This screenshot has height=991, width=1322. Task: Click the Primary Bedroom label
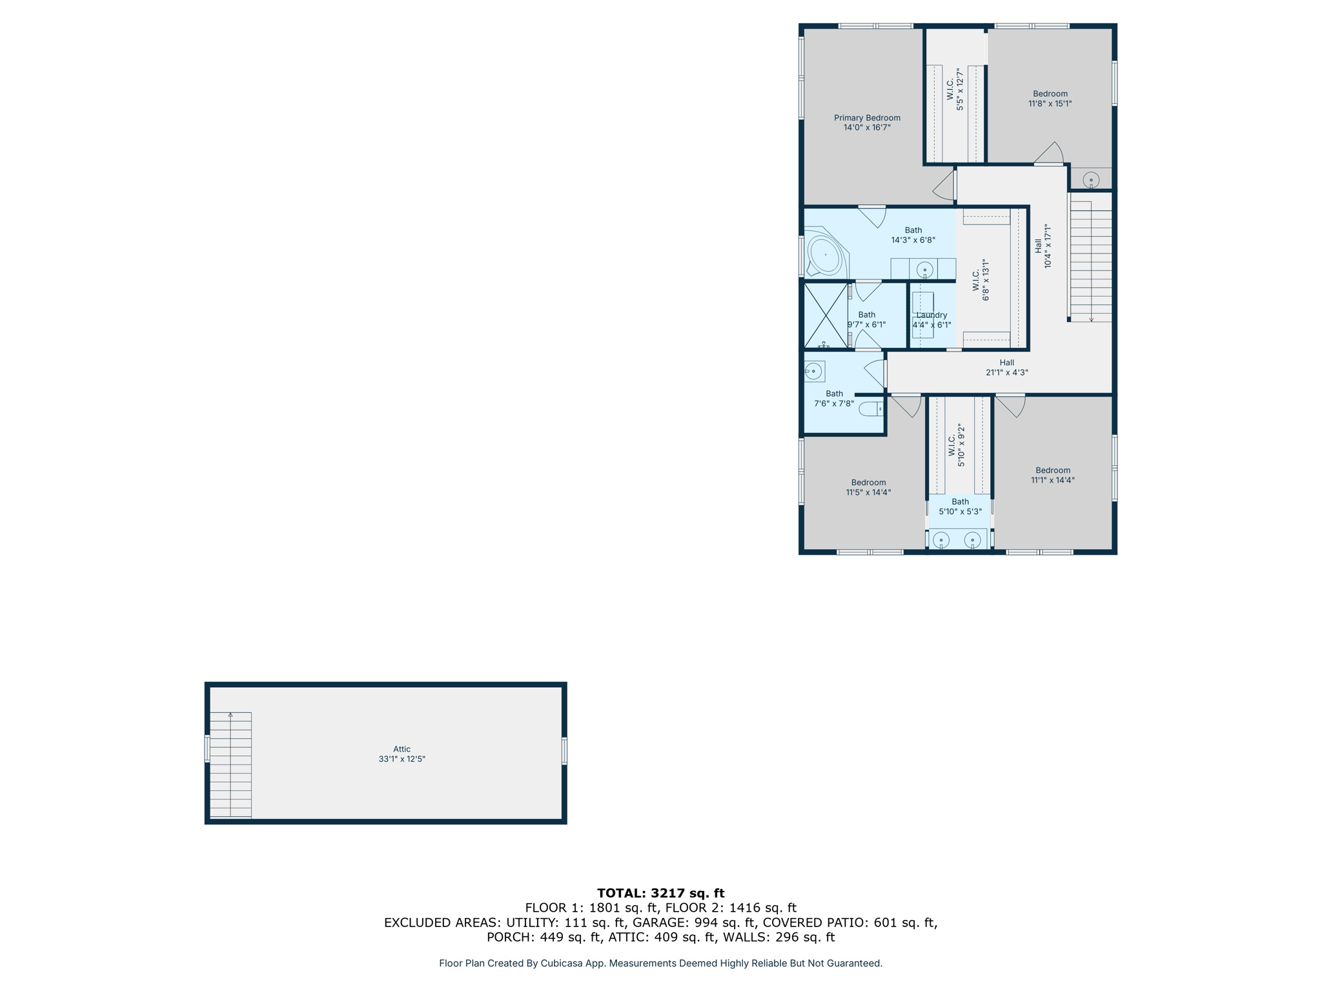(x=866, y=122)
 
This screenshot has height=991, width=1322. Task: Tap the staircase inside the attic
(x=230, y=765)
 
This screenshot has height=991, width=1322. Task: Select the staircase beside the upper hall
(x=1091, y=261)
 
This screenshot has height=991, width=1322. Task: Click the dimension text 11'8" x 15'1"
(x=1050, y=103)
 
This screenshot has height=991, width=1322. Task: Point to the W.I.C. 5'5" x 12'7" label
(x=955, y=90)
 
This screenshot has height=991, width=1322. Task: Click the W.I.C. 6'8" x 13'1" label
(x=981, y=280)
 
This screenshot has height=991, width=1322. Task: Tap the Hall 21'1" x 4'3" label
(x=1006, y=367)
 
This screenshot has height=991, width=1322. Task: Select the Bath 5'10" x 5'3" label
(x=960, y=506)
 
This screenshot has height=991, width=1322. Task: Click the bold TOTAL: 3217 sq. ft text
(x=660, y=893)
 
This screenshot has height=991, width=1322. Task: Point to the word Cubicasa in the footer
(x=561, y=963)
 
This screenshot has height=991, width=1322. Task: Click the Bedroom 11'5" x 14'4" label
(x=868, y=487)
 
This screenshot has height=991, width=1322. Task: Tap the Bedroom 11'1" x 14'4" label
(x=1052, y=475)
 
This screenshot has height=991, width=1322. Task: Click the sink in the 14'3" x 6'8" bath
(x=924, y=269)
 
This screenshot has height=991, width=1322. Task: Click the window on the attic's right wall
(x=564, y=752)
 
